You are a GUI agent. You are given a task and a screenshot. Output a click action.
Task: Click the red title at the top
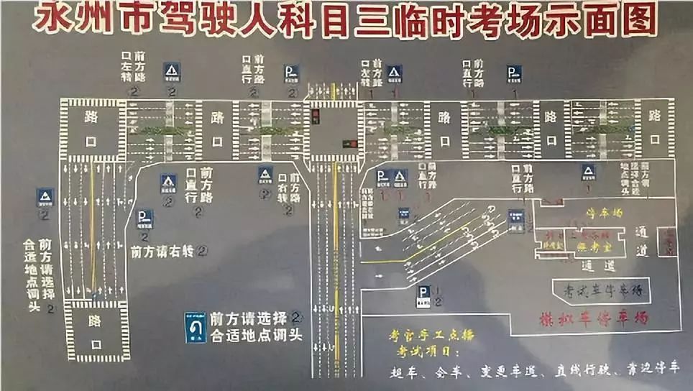346,19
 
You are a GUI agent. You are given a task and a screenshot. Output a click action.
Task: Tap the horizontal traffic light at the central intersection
349,142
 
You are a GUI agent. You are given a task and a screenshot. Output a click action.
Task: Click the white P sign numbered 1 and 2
423,294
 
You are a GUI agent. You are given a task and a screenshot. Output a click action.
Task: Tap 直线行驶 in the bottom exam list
583,370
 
